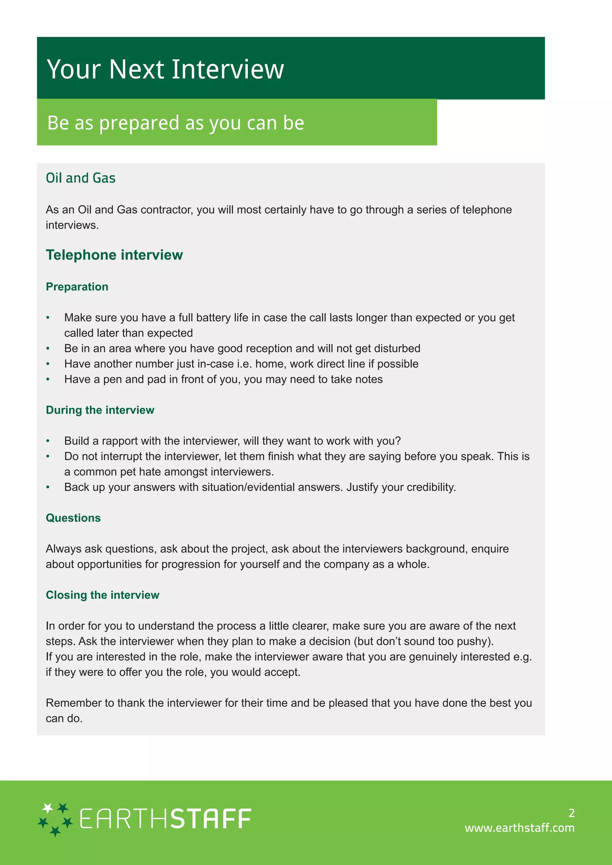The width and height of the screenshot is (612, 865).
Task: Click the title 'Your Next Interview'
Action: pyautogui.click(x=165, y=69)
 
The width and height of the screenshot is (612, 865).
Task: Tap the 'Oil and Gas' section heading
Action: pyautogui.click(x=80, y=178)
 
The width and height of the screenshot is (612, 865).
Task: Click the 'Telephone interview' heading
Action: pyautogui.click(x=114, y=255)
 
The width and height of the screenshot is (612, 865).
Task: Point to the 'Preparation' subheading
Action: pyautogui.click(x=77, y=287)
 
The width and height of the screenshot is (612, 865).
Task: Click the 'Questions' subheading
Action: pyautogui.click(x=73, y=518)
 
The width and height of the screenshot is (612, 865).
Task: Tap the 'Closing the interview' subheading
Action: pyautogui.click(x=102, y=595)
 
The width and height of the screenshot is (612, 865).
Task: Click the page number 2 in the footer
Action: pyautogui.click(x=571, y=813)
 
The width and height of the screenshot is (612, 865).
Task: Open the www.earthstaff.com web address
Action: pyautogui.click(x=519, y=828)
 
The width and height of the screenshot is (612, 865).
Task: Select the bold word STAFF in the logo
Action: pyautogui.click(x=211, y=819)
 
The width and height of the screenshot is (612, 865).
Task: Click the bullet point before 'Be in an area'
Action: pyautogui.click(x=48, y=349)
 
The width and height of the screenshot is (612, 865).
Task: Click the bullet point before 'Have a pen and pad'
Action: pyautogui.click(x=48, y=379)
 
